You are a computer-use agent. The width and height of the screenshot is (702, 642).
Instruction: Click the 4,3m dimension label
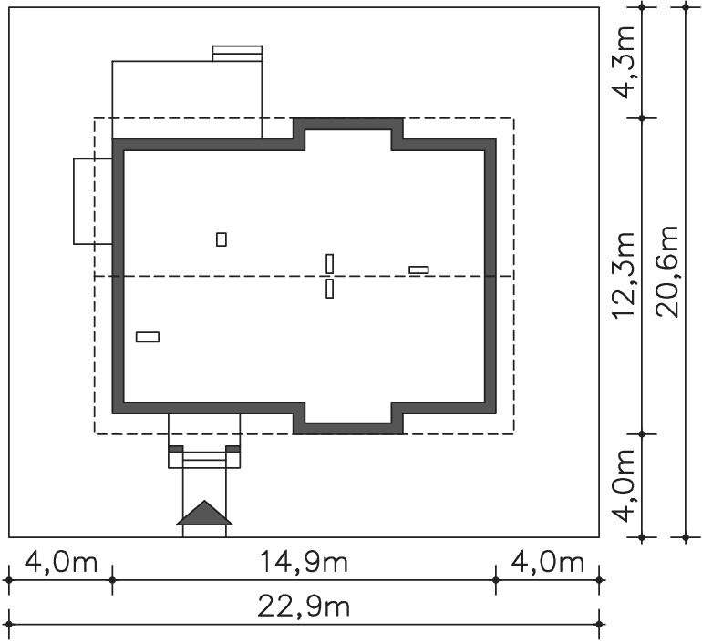(624, 63)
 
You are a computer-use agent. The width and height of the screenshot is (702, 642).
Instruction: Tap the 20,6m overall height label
(667, 271)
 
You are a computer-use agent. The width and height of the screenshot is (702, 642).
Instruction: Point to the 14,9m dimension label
(304, 562)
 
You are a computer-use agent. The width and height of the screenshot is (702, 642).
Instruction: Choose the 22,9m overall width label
(304, 606)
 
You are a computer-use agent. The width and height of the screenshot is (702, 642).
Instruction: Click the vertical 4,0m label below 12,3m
(624, 485)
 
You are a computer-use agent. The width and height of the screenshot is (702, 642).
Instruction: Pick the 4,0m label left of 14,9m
(60, 562)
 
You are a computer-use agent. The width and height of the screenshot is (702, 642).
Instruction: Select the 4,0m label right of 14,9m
(547, 562)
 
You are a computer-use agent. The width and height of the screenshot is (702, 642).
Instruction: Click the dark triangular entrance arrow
(204, 513)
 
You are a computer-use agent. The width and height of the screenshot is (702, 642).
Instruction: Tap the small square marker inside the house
(222, 239)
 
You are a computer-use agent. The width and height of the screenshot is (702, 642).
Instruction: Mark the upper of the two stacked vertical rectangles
(329, 264)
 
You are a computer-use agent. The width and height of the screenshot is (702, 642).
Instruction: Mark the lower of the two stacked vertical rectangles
(329, 289)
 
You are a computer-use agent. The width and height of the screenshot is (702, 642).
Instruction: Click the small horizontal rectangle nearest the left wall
(148, 337)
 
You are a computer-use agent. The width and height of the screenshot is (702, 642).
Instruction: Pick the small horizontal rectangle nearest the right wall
(418, 270)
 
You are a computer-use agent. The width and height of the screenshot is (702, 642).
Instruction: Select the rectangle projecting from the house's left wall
(93, 201)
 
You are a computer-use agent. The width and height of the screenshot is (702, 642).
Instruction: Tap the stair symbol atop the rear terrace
(237, 53)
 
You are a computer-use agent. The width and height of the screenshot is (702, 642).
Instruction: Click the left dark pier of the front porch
(175, 449)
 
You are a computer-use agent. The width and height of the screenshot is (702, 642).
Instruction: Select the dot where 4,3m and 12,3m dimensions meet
(642, 118)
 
